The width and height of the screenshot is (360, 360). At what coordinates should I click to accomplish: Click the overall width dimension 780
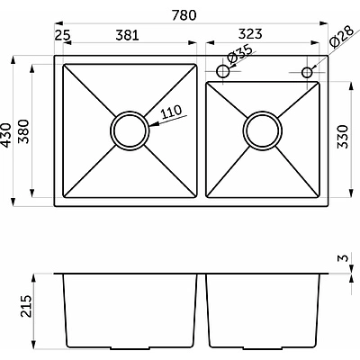184,15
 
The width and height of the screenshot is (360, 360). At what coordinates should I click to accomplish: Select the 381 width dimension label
128,35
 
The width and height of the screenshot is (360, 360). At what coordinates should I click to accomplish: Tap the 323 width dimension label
250,34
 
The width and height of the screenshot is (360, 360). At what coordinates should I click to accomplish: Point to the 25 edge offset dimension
63,35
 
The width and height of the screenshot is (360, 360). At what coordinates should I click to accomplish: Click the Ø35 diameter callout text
239,54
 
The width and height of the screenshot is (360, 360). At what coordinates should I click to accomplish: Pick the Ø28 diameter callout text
342,38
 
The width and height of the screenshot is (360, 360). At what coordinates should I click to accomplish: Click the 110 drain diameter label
171,112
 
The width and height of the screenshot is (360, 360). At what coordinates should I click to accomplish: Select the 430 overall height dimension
6,135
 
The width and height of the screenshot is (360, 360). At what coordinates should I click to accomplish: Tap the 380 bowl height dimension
23,131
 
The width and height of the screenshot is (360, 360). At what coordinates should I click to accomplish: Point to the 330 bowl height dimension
343,137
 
